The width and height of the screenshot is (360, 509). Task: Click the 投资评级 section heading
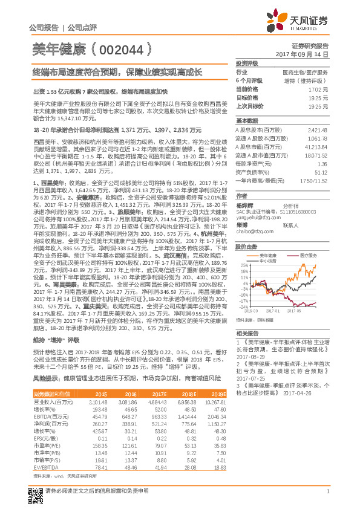pyautogui.click(x=246, y=63)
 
